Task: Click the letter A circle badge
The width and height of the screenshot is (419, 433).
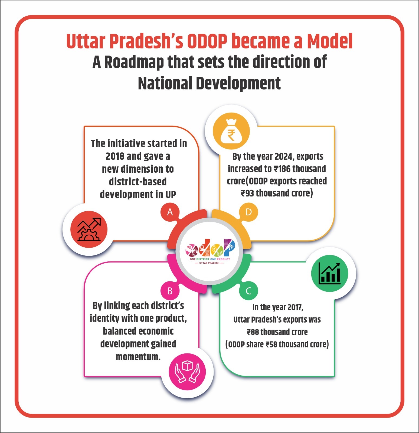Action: coord(170,212)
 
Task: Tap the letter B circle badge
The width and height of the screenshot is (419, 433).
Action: coord(170,291)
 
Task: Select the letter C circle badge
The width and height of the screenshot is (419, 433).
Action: coord(248,291)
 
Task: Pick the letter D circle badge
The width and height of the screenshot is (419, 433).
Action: coord(248,212)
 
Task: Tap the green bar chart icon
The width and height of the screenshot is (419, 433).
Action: coord(330,273)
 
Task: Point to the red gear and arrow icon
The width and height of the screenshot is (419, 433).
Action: coord(89,229)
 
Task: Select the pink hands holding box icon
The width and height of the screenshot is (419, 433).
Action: coord(187,372)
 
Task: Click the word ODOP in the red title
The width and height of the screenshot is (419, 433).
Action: coord(207,42)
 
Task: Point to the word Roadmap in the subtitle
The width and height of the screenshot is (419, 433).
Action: coord(134,62)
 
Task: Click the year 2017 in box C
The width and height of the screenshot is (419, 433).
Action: coord(295,307)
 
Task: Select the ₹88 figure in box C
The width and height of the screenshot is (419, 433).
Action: coord(253,332)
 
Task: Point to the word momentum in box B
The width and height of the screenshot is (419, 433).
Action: coord(138,357)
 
